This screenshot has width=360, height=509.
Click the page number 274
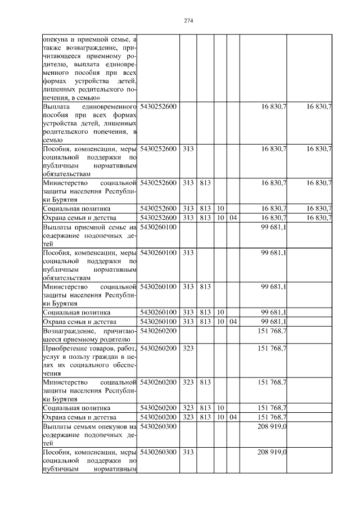click(188, 21)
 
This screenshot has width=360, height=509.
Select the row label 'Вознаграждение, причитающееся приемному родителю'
click(90, 335)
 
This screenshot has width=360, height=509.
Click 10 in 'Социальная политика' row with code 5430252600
click(220, 209)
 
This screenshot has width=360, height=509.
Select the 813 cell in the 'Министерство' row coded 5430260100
click(205, 287)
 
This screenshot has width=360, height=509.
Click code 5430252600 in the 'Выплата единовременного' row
click(158, 106)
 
